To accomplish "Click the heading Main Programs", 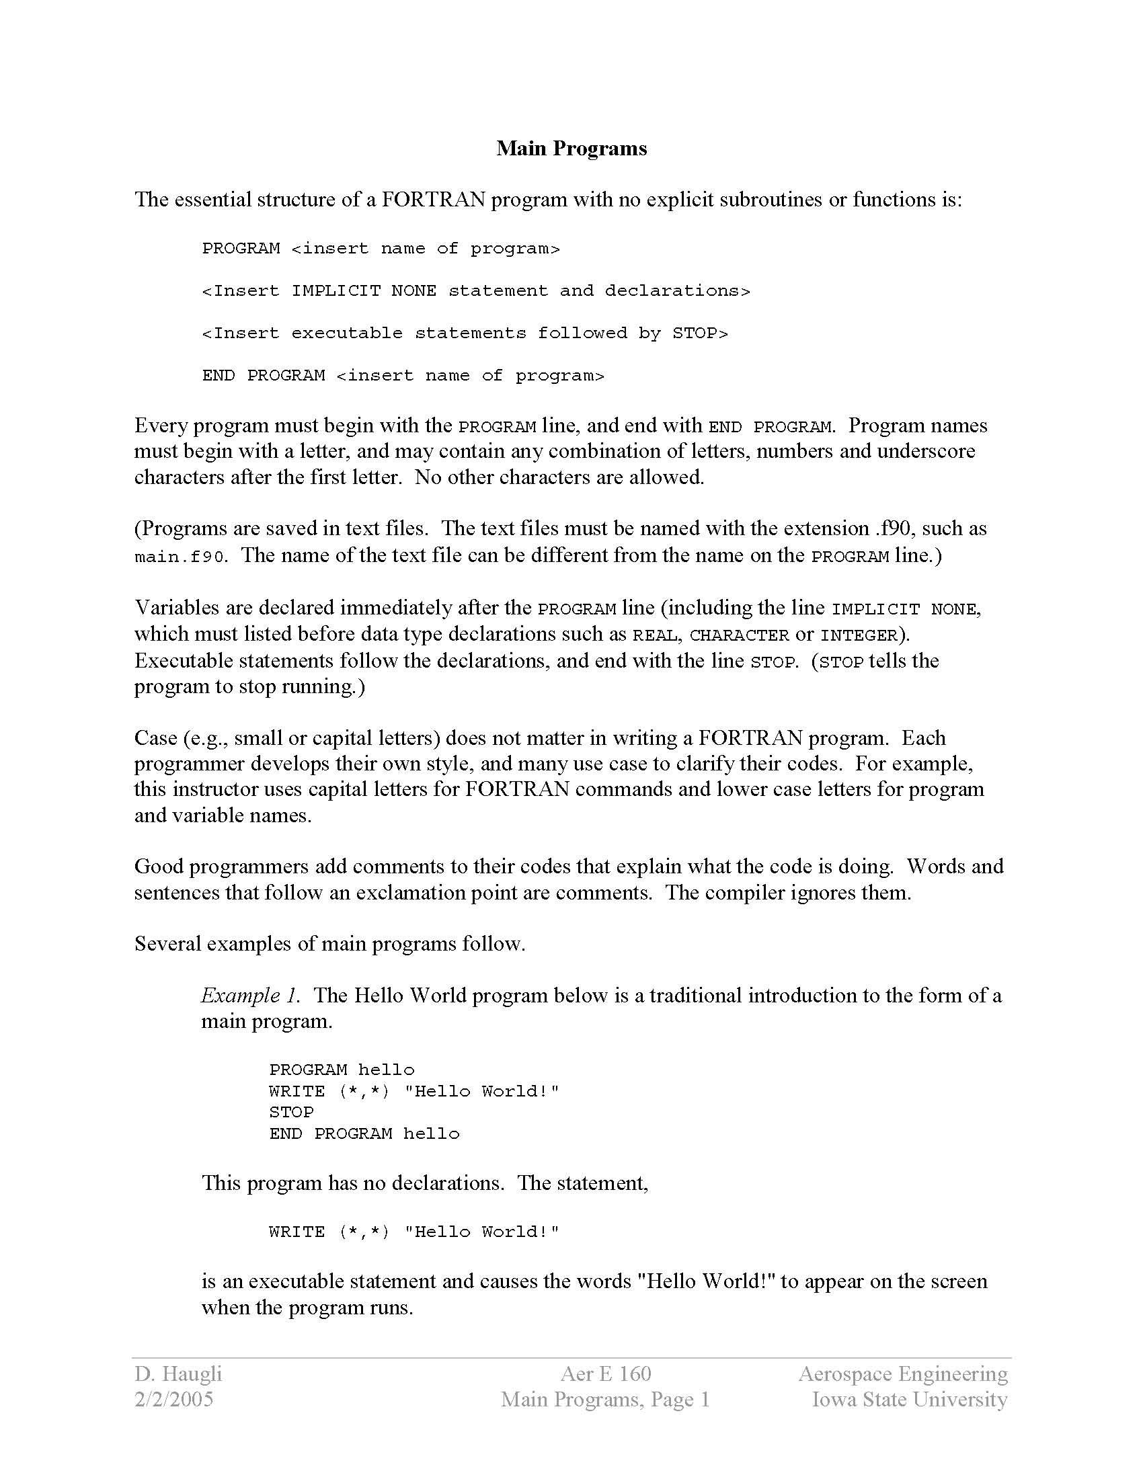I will (571, 149).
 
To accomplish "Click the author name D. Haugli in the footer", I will (178, 1373).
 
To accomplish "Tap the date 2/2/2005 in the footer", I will (174, 1399).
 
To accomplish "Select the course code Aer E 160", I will (605, 1373).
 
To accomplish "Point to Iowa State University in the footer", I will (910, 1399).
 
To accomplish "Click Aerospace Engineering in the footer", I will (902, 1373).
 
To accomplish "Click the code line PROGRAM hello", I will (342, 1070).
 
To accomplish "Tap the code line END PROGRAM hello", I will (364, 1133).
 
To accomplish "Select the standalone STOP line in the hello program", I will (291, 1112).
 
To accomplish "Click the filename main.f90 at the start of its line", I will (179, 557).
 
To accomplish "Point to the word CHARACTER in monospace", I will (740, 635).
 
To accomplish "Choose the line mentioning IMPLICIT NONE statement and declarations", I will (476, 291).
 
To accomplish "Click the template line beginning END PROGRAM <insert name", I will (403, 376).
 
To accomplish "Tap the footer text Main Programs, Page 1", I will (605, 1399).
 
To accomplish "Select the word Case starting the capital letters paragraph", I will (156, 737).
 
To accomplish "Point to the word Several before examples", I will (167, 943).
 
